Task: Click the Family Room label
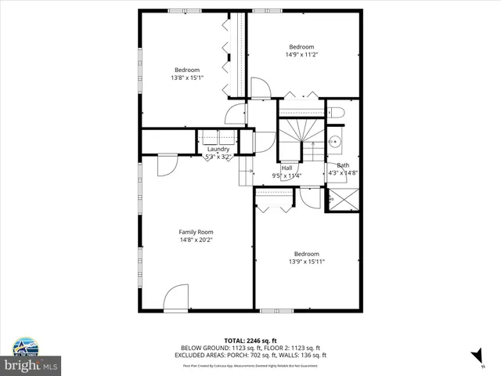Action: (x=196, y=232)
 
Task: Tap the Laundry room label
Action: (x=218, y=149)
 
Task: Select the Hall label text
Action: (x=287, y=168)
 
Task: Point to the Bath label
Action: (x=343, y=165)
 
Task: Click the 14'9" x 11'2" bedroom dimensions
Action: (x=301, y=55)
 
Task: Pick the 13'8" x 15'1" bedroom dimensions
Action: (x=187, y=78)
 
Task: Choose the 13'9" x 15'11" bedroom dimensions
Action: (x=306, y=262)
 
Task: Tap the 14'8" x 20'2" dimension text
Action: (x=196, y=240)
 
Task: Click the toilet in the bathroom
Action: (x=334, y=110)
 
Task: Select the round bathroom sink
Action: (x=334, y=142)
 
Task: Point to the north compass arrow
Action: (x=475, y=356)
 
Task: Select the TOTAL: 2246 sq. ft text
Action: (x=250, y=341)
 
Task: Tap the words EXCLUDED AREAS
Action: (x=198, y=355)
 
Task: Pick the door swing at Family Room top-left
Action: (x=167, y=164)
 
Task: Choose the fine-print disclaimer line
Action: (x=250, y=365)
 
